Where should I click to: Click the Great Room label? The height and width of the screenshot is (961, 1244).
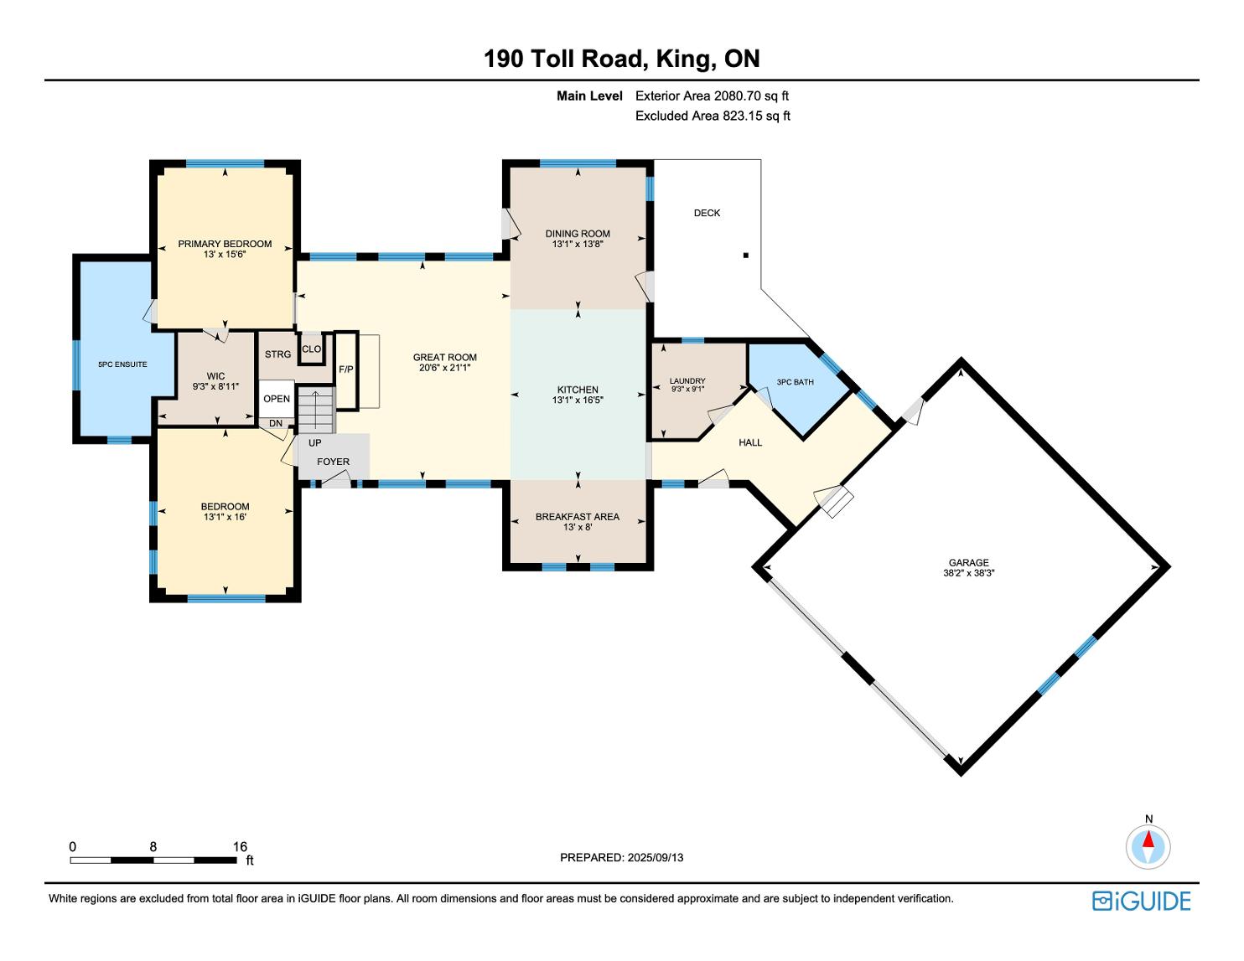point(445,358)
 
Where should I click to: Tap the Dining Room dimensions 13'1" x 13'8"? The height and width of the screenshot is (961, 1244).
point(578,245)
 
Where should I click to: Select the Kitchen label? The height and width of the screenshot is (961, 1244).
point(578,390)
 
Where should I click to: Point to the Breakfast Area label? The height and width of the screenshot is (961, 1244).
point(578,517)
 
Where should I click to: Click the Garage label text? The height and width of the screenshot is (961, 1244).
point(969,563)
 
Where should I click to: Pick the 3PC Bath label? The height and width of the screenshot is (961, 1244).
point(796,382)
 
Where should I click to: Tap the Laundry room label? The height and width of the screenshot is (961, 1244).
point(687,381)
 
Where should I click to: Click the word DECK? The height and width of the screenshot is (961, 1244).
point(707,213)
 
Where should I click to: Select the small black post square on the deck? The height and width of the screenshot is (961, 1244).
point(746,256)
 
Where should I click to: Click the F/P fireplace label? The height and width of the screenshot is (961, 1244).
point(345,369)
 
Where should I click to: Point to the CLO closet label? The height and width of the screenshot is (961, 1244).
point(312,349)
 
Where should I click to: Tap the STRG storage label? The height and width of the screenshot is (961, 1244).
point(277,354)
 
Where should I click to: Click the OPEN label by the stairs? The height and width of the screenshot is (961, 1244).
point(277,399)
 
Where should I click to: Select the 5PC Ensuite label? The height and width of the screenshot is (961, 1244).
point(122,364)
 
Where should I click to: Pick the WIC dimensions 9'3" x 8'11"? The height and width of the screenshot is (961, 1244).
point(215,387)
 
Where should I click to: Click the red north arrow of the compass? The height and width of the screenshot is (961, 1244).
point(1148,840)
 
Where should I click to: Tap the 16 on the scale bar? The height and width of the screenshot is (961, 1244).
point(240,846)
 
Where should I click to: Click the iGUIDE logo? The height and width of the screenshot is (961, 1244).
point(1142,901)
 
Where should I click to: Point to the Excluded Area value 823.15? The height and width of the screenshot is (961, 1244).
point(744,116)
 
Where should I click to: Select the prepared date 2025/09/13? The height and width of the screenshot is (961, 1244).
point(656,857)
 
